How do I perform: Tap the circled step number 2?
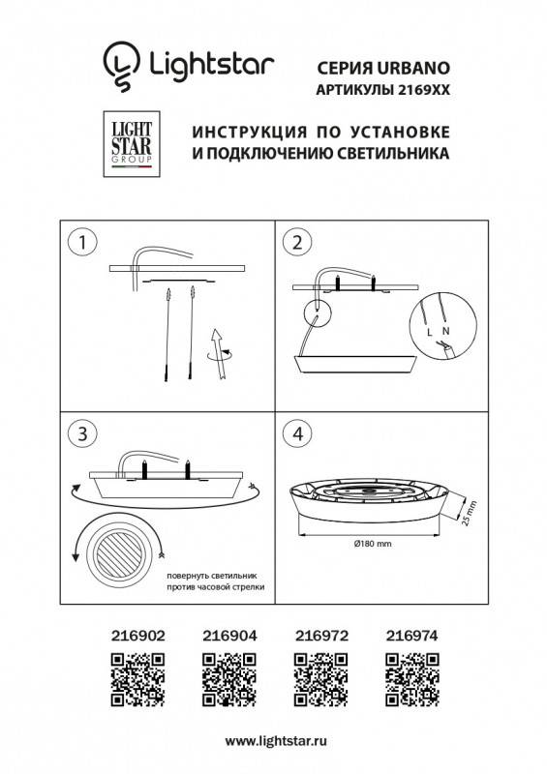[298, 242]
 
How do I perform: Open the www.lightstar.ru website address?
[273, 741]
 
